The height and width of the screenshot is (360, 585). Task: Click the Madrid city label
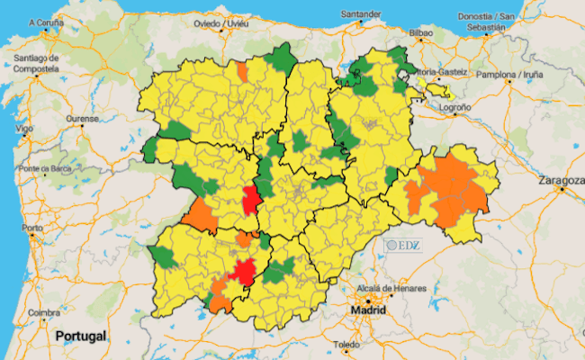tap(369, 310)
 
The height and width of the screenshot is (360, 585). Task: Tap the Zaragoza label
tap(561, 180)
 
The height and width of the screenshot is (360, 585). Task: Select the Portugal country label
tap(80, 336)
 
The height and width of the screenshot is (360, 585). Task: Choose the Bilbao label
tap(421, 33)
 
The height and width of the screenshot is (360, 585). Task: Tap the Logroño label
tap(454, 107)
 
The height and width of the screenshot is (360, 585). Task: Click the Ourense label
tap(81, 120)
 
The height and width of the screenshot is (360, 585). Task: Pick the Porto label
tap(33, 228)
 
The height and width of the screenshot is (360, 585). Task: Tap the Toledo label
tap(346, 345)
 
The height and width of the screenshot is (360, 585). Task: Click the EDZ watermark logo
tap(403, 244)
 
